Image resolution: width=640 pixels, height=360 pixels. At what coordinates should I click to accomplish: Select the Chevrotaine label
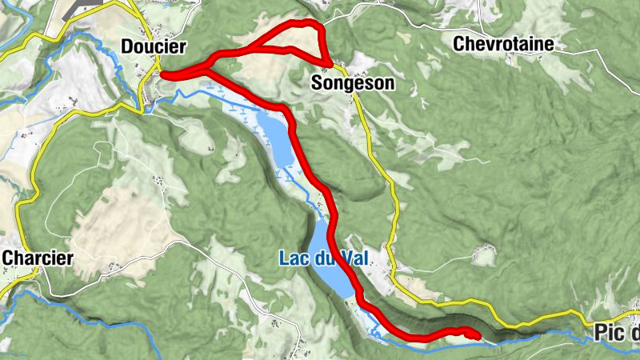[x=502, y=43]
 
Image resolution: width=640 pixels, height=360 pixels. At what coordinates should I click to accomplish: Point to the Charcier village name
[x=38, y=258]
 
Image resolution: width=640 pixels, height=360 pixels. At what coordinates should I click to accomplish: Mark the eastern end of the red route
[x=478, y=334]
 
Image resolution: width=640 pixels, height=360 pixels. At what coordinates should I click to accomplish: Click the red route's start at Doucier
[x=163, y=74]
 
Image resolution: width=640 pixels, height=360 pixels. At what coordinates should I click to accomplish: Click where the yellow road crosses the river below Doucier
[x=147, y=106]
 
